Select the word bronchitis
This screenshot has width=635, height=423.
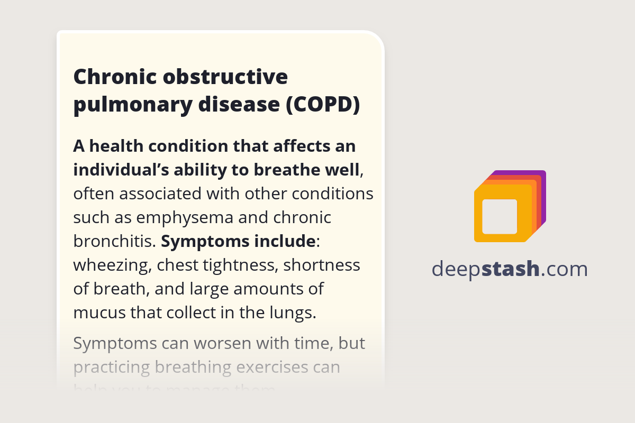coord(114,241)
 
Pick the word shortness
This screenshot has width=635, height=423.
coord(322,265)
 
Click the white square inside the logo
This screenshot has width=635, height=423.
coord(500,216)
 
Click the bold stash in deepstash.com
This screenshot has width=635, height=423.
coord(511,269)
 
